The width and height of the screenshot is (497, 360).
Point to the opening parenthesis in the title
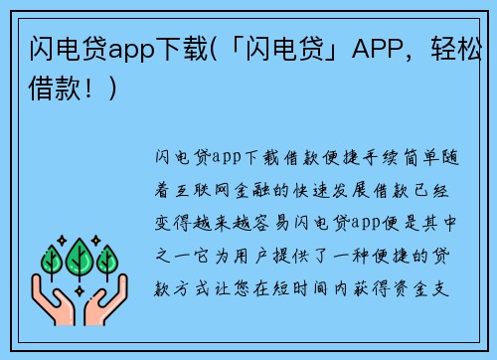pos(215,49)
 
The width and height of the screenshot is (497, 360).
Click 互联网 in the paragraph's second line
pos(210,186)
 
